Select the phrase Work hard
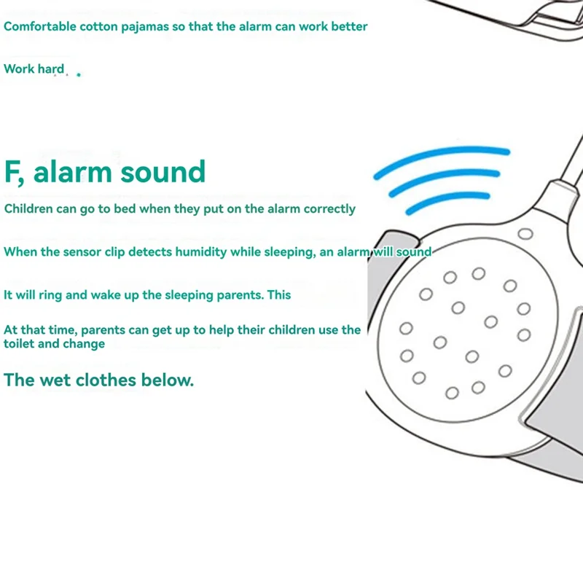pyautogui.click(x=34, y=70)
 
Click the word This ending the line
pyautogui.click(x=278, y=295)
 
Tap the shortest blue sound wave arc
pyautogui.click(x=447, y=203)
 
